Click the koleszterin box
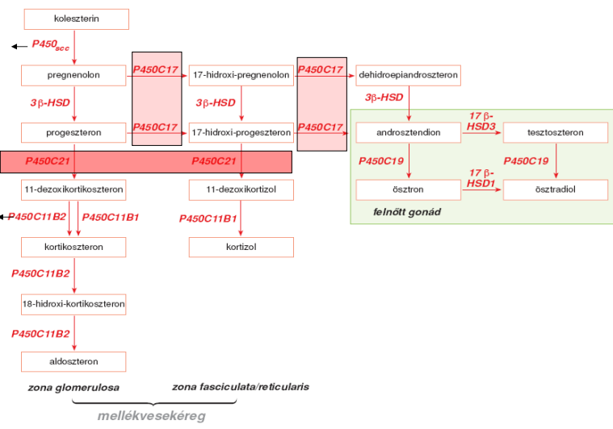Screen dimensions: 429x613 point(75,19)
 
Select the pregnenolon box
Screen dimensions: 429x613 point(74,75)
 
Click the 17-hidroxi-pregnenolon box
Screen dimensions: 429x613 point(241,75)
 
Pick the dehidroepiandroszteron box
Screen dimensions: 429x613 point(408,75)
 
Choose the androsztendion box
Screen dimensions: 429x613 point(409,131)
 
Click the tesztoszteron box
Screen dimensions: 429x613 point(556,131)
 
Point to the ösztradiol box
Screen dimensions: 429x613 point(556,190)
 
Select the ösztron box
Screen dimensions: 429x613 point(409,190)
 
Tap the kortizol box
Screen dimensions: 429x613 point(241,246)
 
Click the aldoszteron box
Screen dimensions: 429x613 point(74,361)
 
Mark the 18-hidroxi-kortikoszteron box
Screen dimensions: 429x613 point(74,304)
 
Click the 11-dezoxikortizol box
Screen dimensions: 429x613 point(241,190)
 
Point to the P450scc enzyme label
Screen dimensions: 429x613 point(50,46)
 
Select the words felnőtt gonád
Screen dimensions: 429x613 point(401,213)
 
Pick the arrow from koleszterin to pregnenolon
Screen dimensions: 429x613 point(74,47)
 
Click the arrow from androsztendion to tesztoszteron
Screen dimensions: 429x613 point(481,132)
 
